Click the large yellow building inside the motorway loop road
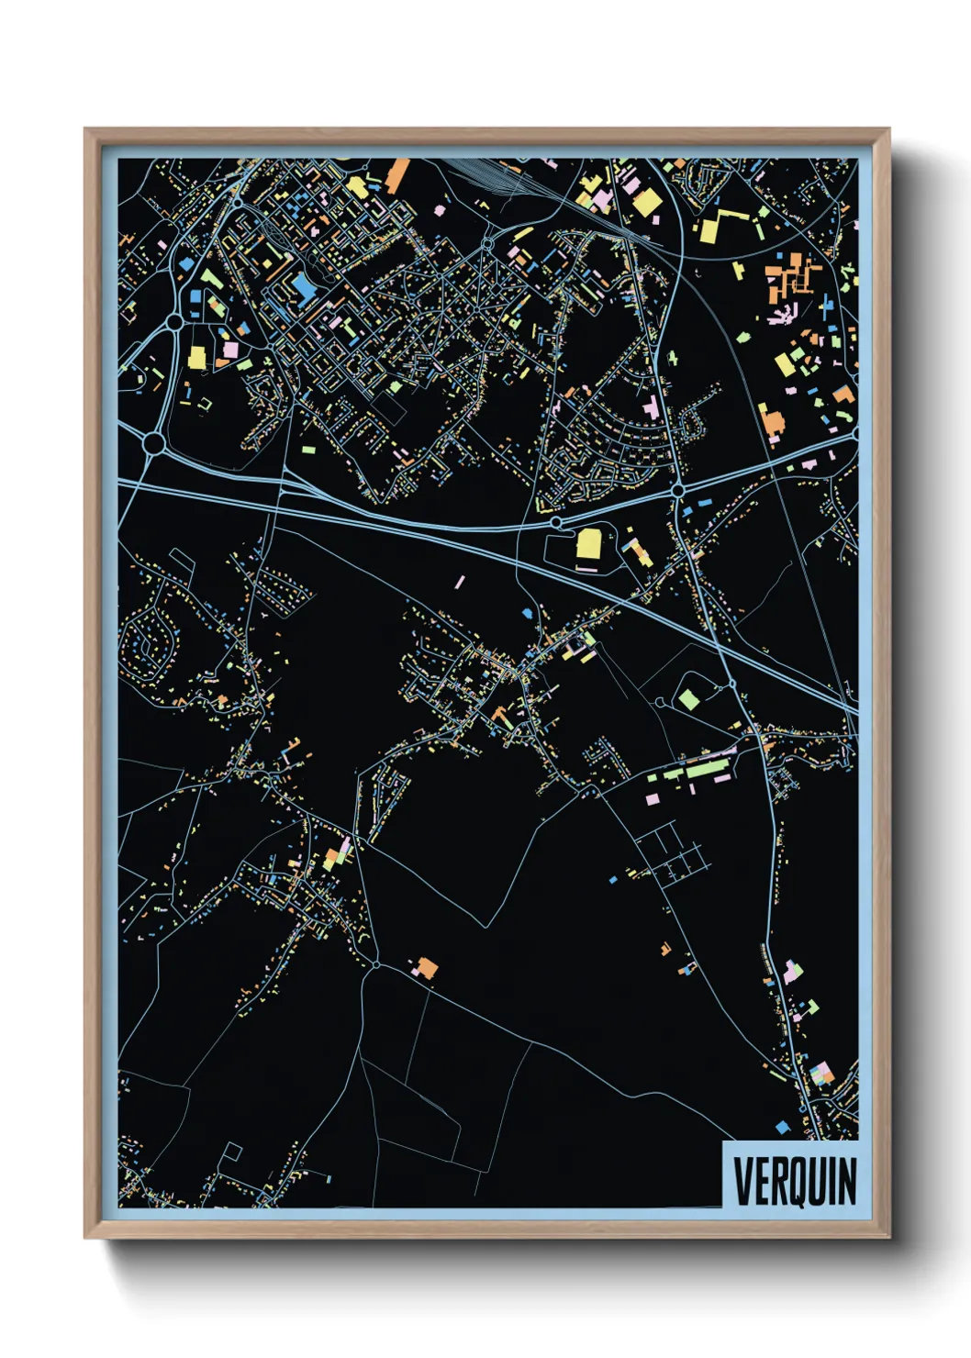pos(588,544)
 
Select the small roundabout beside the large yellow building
pos(556,522)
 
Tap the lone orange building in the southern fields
pos(425,967)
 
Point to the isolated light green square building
pos(688,699)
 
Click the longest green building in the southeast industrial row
pos(707,770)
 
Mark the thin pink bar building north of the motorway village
pos(460,581)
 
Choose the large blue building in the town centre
pos(303,287)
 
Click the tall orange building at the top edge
pos(398,175)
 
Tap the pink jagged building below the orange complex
pos(783,315)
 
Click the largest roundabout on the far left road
pos(153,444)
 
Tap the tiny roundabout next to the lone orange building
pos(376,964)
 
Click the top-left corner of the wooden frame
pos(86,130)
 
